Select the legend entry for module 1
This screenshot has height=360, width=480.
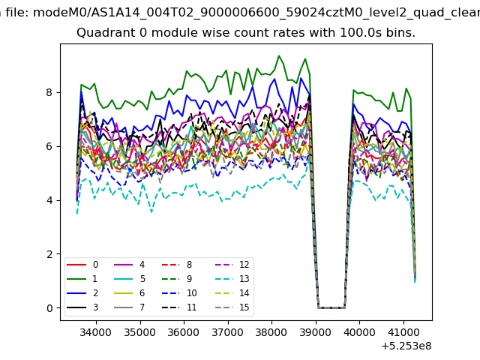click(x=82, y=279)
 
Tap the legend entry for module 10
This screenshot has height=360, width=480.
click(x=179, y=293)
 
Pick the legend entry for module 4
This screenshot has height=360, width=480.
click(x=130, y=265)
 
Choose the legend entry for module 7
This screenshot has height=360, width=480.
click(x=130, y=307)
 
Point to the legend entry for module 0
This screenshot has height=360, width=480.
click(x=82, y=265)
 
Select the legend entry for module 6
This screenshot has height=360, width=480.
click(x=130, y=293)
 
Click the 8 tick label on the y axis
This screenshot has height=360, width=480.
click(x=49, y=92)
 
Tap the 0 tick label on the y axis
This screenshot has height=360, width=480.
click(x=49, y=308)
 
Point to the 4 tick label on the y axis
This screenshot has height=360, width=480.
click(x=49, y=200)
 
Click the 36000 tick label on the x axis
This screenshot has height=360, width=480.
click(x=184, y=332)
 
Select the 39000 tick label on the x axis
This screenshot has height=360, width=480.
click(x=316, y=332)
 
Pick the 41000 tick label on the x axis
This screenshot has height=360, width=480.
click(x=403, y=332)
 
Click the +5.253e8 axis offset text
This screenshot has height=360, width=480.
click(x=406, y=346)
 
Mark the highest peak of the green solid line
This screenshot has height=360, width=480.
click(x=279, y=55)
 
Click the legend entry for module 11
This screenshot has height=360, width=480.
click(x=179, y=307)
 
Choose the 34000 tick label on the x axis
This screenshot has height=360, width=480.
click(x=96, y=332)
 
